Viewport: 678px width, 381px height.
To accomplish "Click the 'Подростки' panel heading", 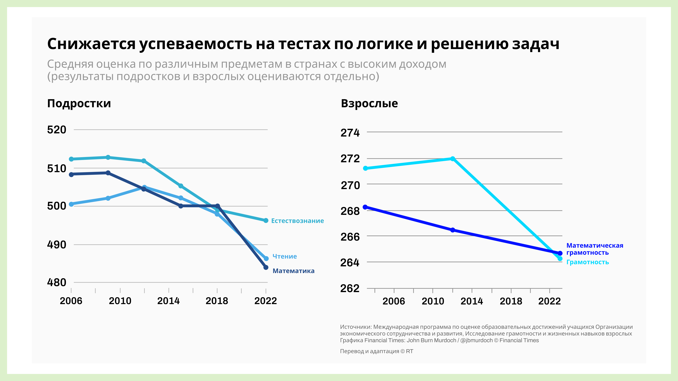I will [x=79, y=104].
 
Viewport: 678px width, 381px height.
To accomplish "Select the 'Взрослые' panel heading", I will [x=369, y=104].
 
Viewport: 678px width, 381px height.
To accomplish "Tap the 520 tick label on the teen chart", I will [x=56, y=130].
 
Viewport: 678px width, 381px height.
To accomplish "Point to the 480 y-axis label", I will [x=56, y=282].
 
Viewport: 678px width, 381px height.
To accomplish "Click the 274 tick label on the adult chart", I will [x=350, y=133].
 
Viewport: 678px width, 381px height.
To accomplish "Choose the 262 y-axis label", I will [x=350, y=288].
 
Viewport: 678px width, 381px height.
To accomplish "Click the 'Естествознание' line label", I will [x=297, y=221].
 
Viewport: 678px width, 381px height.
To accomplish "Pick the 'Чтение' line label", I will [x=284, y=256].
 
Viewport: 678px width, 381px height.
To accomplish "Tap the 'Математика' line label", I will [x=293, y=271].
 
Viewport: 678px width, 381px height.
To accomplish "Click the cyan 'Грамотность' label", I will [x=587, y=262].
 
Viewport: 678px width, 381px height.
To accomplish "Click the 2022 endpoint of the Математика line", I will [x=266, y=267].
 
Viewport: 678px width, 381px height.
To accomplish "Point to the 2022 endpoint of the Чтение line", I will [x=266, y=258].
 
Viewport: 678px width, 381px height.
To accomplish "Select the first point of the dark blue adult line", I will [x=365, y=207].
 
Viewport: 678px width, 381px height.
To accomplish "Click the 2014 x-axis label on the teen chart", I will [x=168, y=301].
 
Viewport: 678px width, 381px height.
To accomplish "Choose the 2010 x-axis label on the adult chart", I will [x=433, y=301].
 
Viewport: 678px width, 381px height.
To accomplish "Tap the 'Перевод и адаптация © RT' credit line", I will [x=376, y=351].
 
